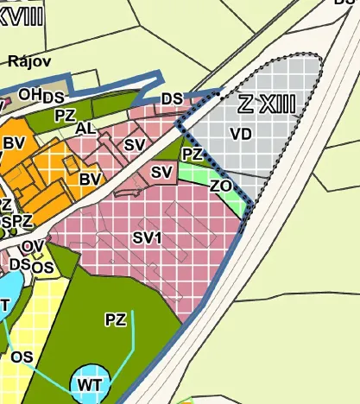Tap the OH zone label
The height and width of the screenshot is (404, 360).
click(30, 94)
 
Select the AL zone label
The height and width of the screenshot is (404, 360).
click(85, 128)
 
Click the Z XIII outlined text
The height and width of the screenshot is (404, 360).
click(267, 104)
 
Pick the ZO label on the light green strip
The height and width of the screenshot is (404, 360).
click(220, 186)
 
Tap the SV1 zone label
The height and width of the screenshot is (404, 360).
click(148, 237)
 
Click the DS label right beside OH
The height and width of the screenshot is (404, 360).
click(54, 97)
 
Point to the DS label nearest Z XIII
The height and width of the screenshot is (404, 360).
click(172, 99)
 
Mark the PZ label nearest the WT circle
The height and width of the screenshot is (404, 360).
click(115, 320)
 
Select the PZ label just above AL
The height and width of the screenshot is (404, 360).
click(65, 114)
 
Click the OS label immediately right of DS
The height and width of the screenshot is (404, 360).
click(43, 268)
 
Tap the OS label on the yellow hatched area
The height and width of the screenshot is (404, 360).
click(22, 356)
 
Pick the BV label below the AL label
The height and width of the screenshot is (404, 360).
click(90, 179)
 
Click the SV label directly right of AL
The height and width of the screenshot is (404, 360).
click(133, 144)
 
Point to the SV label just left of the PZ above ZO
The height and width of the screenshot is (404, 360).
click(161, 173)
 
